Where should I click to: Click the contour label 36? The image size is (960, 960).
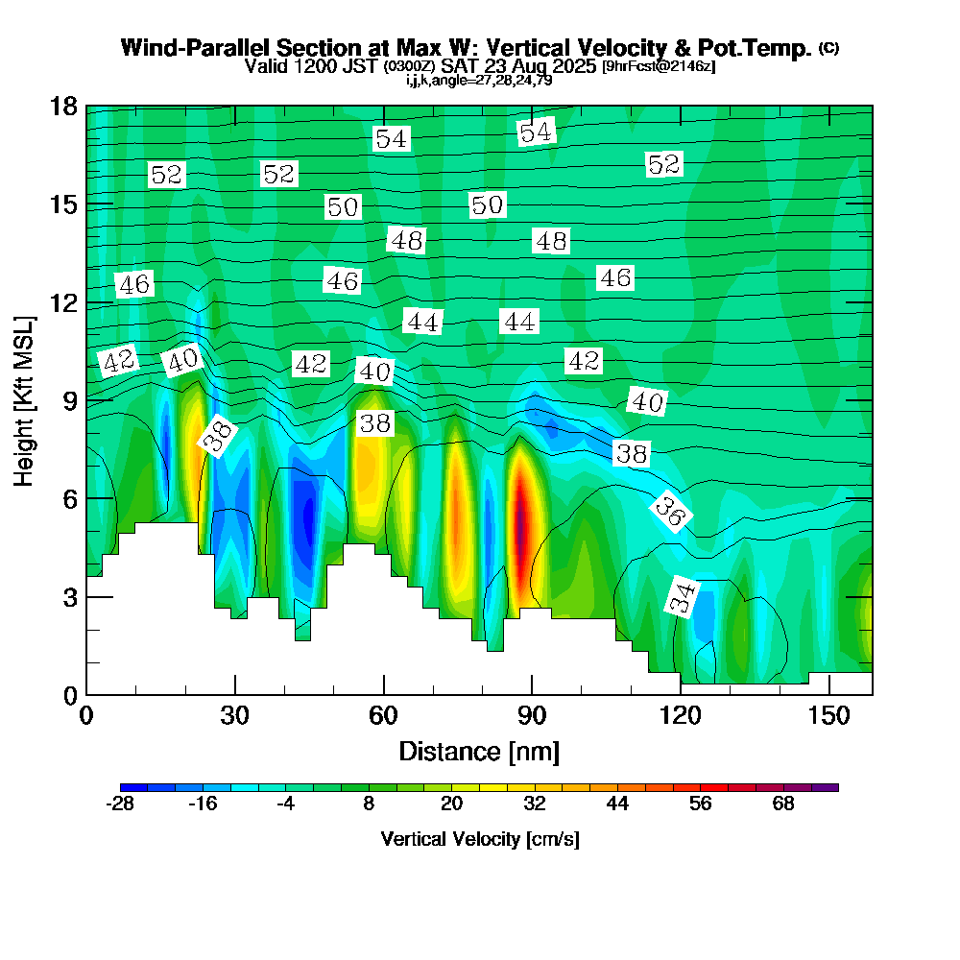670,511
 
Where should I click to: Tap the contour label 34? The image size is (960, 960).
682,597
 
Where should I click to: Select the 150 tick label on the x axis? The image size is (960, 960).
828,716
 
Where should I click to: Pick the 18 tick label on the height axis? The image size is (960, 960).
63,106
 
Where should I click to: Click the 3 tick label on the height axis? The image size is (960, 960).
69,596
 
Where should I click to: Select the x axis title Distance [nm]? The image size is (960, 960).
479,750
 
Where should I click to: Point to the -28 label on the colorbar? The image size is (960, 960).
120,804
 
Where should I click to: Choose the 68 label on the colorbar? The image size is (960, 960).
783,804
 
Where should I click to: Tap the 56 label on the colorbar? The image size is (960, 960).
701,804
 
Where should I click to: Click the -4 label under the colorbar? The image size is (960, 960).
286,804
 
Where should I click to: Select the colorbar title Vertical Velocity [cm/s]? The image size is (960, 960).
479,839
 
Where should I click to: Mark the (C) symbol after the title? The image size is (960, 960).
828,48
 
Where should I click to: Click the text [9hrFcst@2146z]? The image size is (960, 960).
658,66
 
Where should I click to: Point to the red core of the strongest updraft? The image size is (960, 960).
519,523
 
